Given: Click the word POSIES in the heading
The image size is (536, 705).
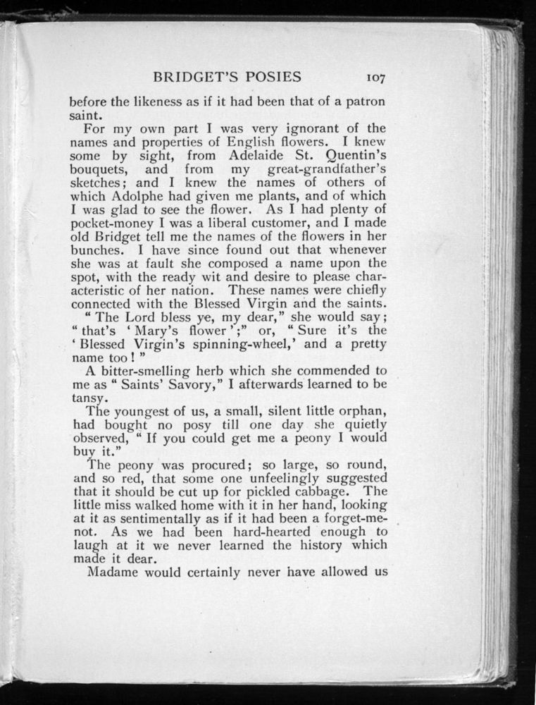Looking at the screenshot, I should (x=268, y=77).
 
